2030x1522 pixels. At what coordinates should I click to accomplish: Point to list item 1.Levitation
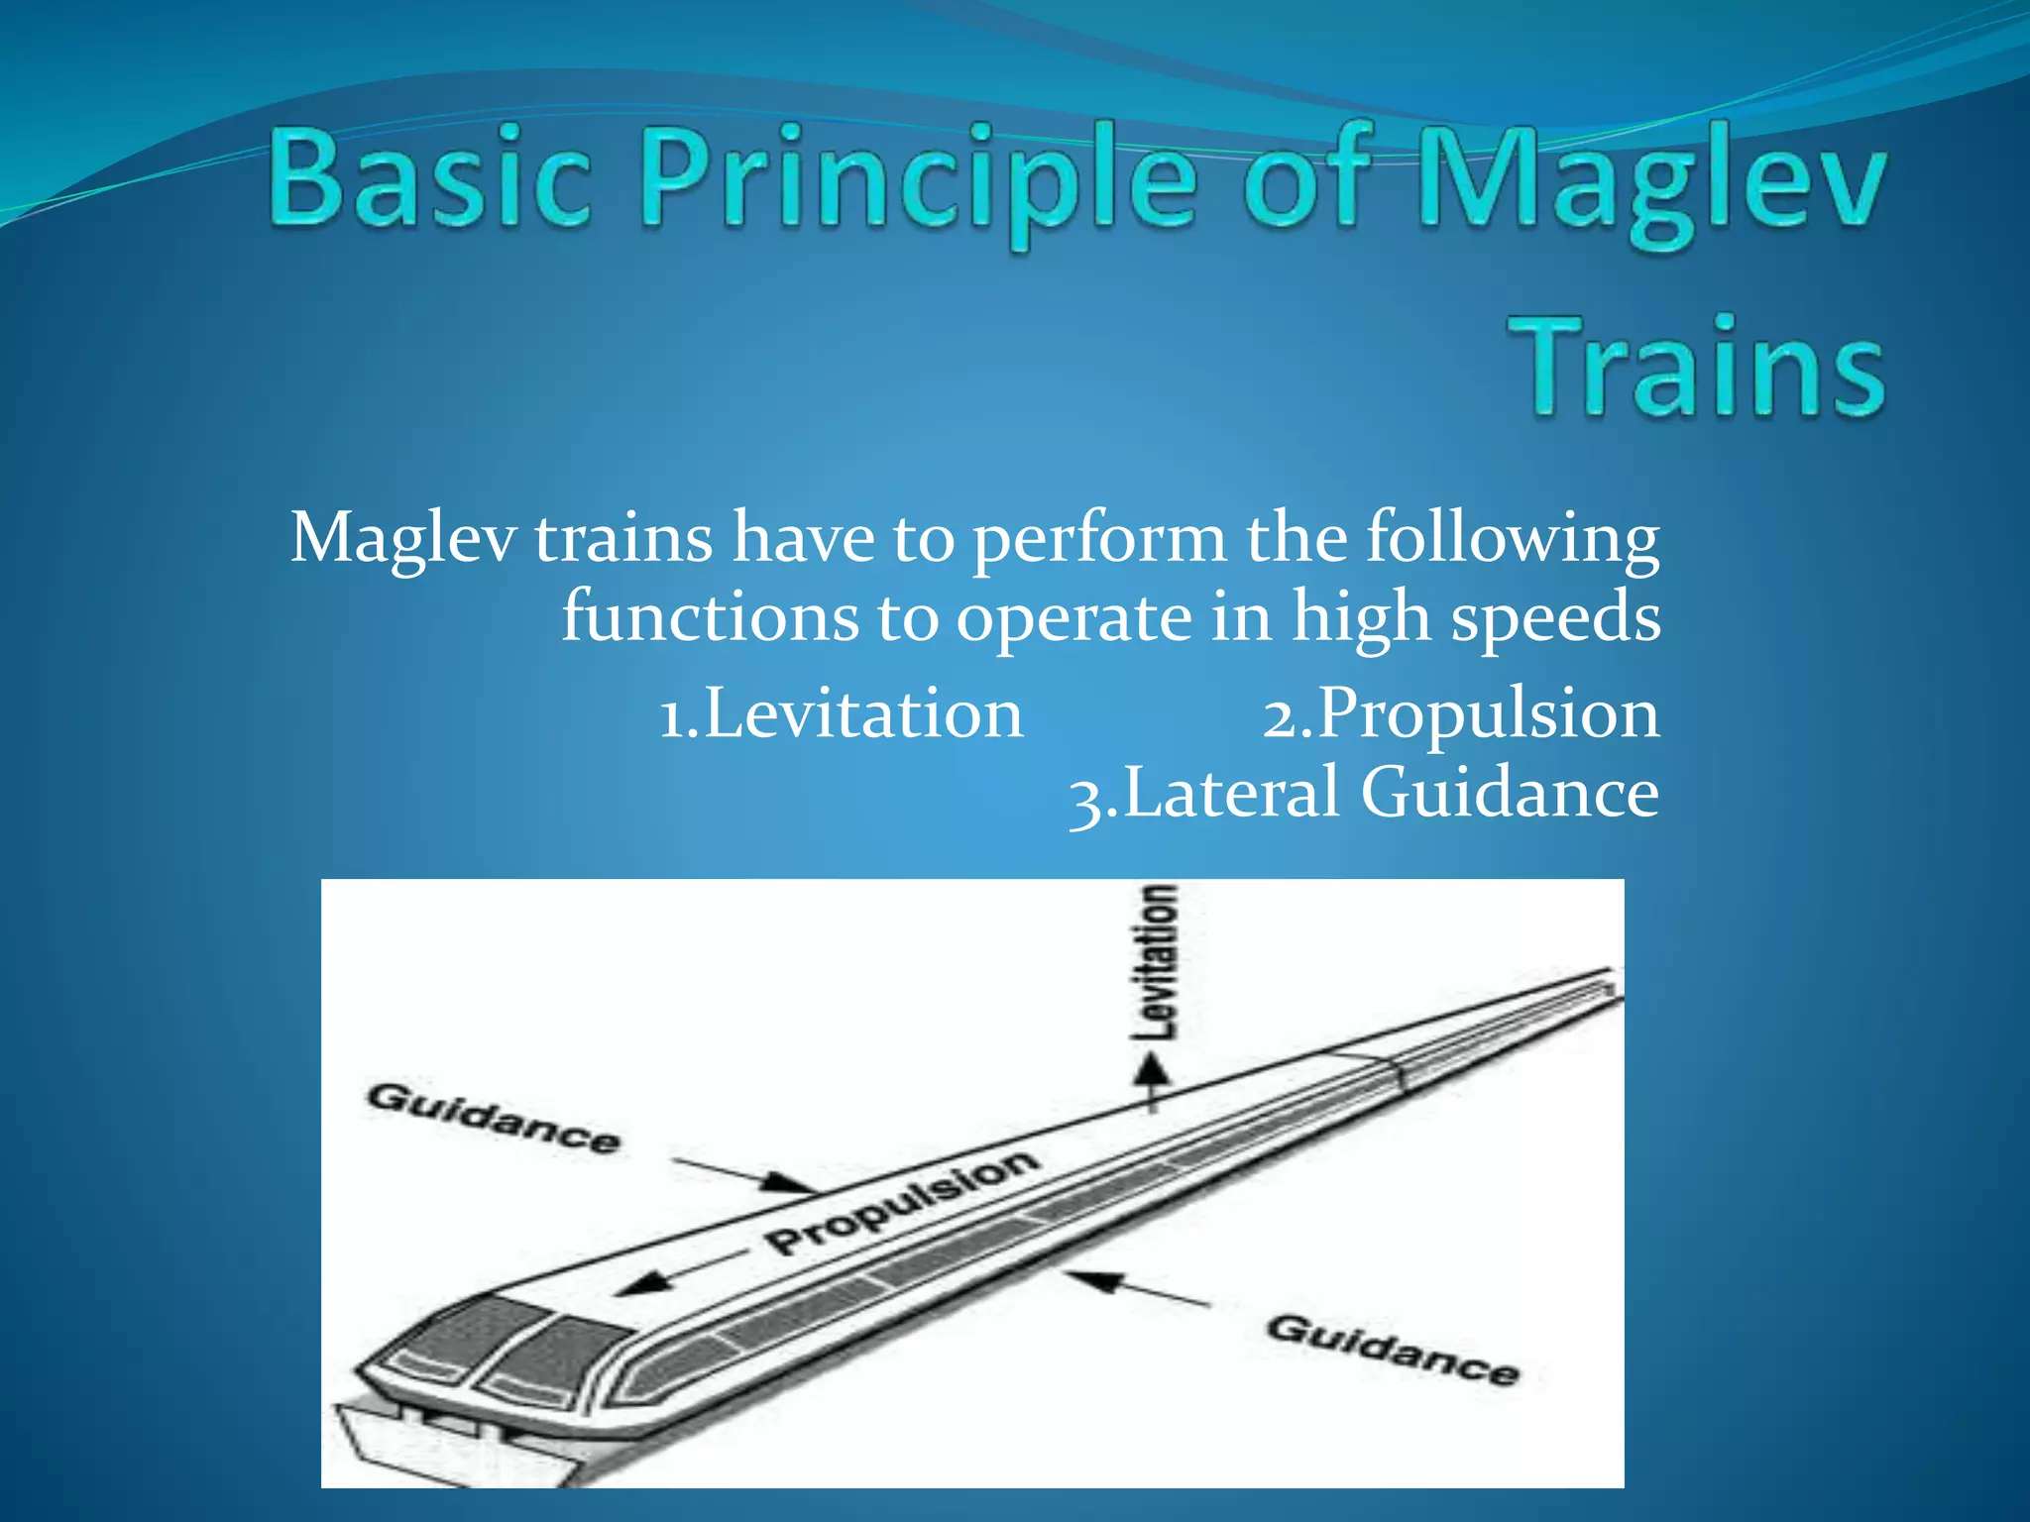tap(841, 713)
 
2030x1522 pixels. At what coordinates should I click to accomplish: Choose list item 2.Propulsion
tap(1460, 713)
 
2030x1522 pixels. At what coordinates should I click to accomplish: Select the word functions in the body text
tap(710, 616)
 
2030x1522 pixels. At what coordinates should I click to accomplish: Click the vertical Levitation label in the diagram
tap(1158, 961)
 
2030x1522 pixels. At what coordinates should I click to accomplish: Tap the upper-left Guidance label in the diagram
tap(493, 1118)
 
